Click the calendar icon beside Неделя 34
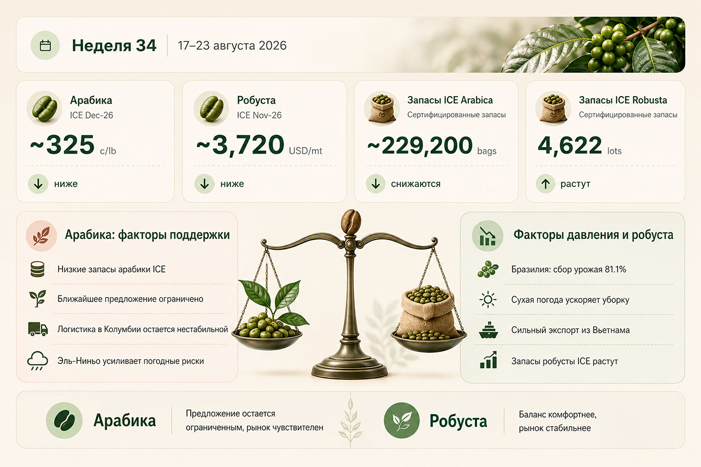tap(45, 45)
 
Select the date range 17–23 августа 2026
tap(232, 46)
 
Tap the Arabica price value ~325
tap(62, 145)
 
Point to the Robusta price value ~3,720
tap(240, 145)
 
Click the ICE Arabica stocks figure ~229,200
tap(420, 145)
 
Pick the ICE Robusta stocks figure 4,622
tap(570, 145)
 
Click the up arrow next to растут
tap(545, 184)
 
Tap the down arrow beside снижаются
tap(376, 184)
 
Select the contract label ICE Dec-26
tap(92, 115)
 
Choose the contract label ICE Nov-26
tap(259, 115)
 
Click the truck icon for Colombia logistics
tap(38, 329)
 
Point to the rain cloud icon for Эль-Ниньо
tap(37, 361)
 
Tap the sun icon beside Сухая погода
tap(488, 300)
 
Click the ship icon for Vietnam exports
tap(488, 330)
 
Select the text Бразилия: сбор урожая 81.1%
tap(569, 269)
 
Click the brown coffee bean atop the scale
tap(351, 221)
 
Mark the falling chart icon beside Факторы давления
tap(487, 236)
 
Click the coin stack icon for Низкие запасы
tap(37, 269)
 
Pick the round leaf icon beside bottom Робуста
tap(401, 420)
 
